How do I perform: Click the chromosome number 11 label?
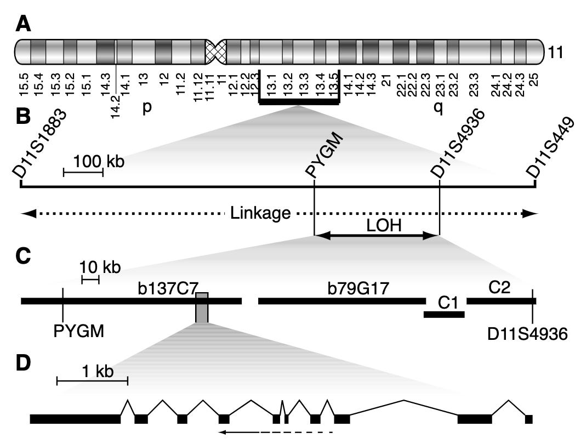pyautogui.click(x=559, y=53)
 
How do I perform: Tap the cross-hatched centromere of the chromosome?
pyautogui.click(x=215, y=52)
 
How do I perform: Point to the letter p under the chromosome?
pyautogui.click(x=147, y=107)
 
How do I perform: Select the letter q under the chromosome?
pyautogui.click(x=438, y=107)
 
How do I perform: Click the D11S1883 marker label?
pyautogui.click(x=41, y=143)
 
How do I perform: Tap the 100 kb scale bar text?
pyautogui.click(x=99, y=162)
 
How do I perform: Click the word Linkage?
pyautogui.click(x=260, y=213)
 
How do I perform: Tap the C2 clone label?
pyautogui.click(x=500, y=287)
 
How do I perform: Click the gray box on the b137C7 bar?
pyautogui.click(x=202, y=308)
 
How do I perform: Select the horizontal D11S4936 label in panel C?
pyautogui.click(x=527, y=333)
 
